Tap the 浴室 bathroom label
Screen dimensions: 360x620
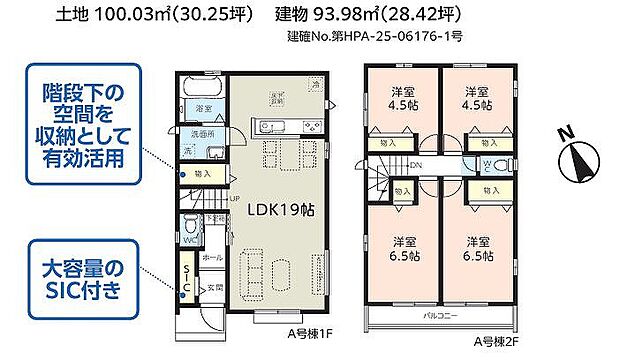point(203,107)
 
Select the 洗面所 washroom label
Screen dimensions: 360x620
point(204,133)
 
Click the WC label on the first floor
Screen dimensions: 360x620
point(189,240)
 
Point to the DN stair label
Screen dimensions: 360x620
point(414,167)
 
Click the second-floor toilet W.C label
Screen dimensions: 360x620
point(484,165)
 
